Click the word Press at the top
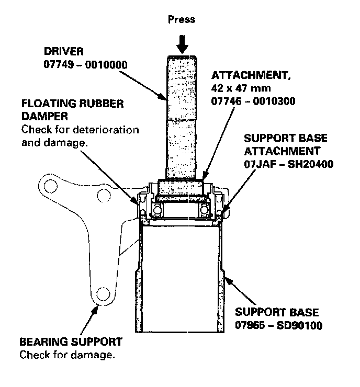[x=182, y=19]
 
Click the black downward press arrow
[x=182, y=43]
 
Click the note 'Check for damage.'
[x=67, y=355]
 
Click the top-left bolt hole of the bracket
[x=51, y=187]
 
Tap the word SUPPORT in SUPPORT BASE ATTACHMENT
[x=267, y=139]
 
